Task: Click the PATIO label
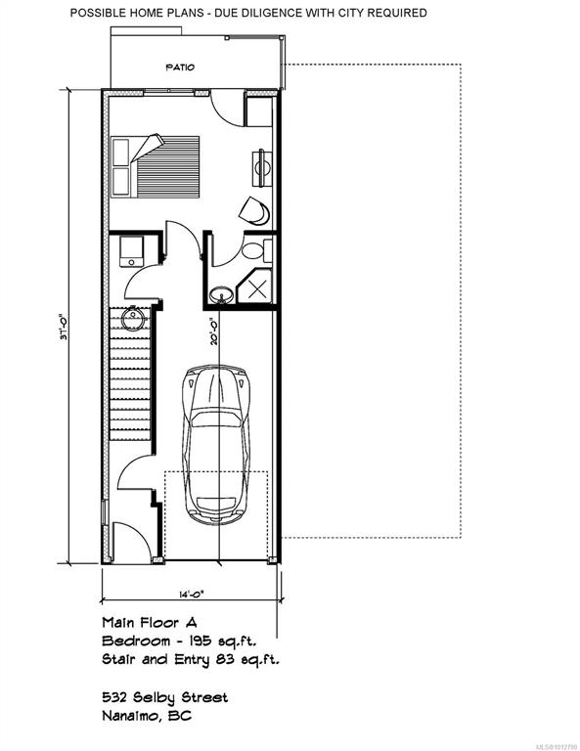(181, 67)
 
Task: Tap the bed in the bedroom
(156, 166)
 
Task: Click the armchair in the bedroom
(254, 210)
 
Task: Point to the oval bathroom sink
(222, 294)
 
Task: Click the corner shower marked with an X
(255, 287)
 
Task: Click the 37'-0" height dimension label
(64, 327)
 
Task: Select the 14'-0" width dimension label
(192, 595)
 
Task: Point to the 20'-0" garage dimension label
(213, 332)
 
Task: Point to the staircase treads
(130, 375)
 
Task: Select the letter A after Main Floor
(191, 623)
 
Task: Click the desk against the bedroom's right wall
(262, 167)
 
